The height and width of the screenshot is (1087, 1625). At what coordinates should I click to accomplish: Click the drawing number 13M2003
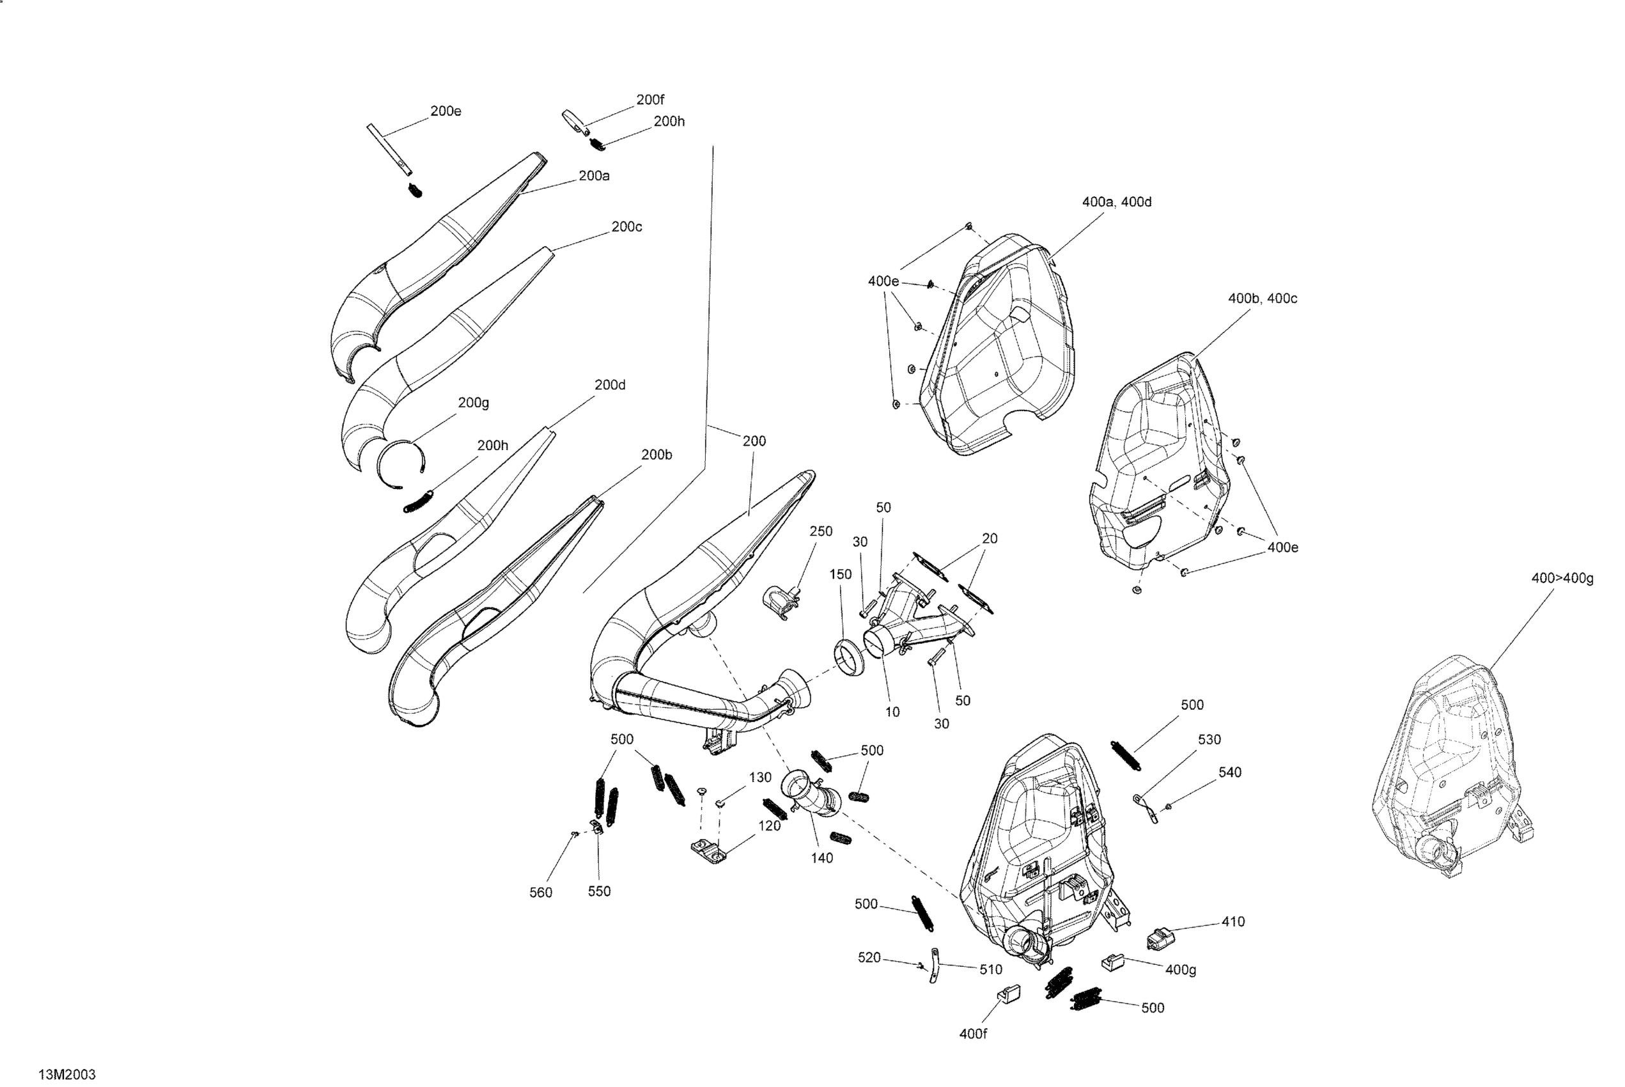click(67, 1074)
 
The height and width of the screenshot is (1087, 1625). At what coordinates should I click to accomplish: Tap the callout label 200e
click(446, 111)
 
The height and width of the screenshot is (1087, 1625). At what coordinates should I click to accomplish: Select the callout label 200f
click(650, 100)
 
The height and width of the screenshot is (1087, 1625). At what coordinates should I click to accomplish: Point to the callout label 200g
click(473, 403)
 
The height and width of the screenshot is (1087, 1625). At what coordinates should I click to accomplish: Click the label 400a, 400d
click(1116, 201)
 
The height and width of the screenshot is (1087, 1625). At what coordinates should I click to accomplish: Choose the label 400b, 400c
click(1262, 298)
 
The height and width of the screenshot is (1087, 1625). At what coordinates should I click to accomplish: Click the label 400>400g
click(1562, 578)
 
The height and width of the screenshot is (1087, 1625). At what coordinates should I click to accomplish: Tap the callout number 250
click(820, 531)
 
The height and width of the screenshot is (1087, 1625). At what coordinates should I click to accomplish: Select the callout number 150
click(840, 574)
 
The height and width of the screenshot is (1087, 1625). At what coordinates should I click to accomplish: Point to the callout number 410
click(1232, 921)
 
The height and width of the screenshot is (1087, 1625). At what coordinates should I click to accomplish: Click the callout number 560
click(541, 892)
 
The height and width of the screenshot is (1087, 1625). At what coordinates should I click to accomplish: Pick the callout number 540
click(1229, 772)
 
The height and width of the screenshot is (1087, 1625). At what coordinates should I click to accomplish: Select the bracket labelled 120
click(708, 850)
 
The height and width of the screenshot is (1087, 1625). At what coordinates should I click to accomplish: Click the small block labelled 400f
click(1009, 994)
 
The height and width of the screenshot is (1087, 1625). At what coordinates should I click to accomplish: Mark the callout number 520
click(869, 957)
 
